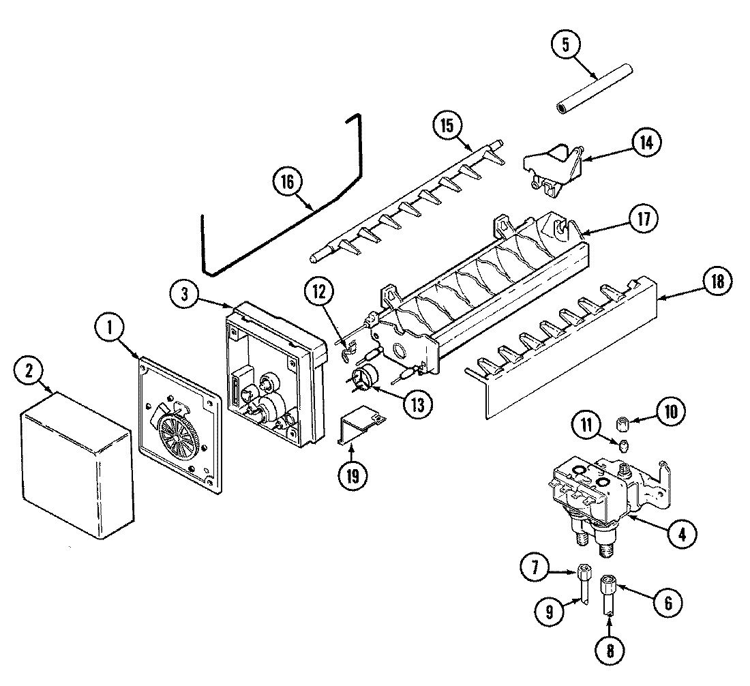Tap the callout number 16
point(287,181)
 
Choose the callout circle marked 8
point(608,650)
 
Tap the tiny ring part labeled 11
point(623,447)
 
